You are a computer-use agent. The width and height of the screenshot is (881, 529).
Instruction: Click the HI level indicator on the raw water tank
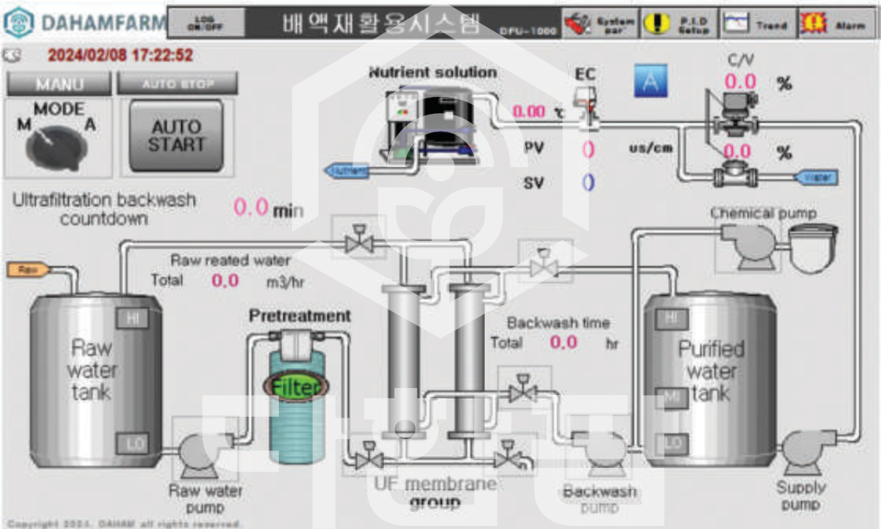click(132, 318)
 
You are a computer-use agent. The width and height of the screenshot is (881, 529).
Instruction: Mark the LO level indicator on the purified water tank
click(672, 444)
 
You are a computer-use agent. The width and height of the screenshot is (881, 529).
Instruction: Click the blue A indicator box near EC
click(650, 81)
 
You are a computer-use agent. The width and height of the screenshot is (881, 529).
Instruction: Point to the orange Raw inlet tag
click(29, 270)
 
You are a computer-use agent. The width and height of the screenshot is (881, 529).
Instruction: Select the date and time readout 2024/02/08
click(120, 56)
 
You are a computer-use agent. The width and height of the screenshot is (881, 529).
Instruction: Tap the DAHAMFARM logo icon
click(19, 23)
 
